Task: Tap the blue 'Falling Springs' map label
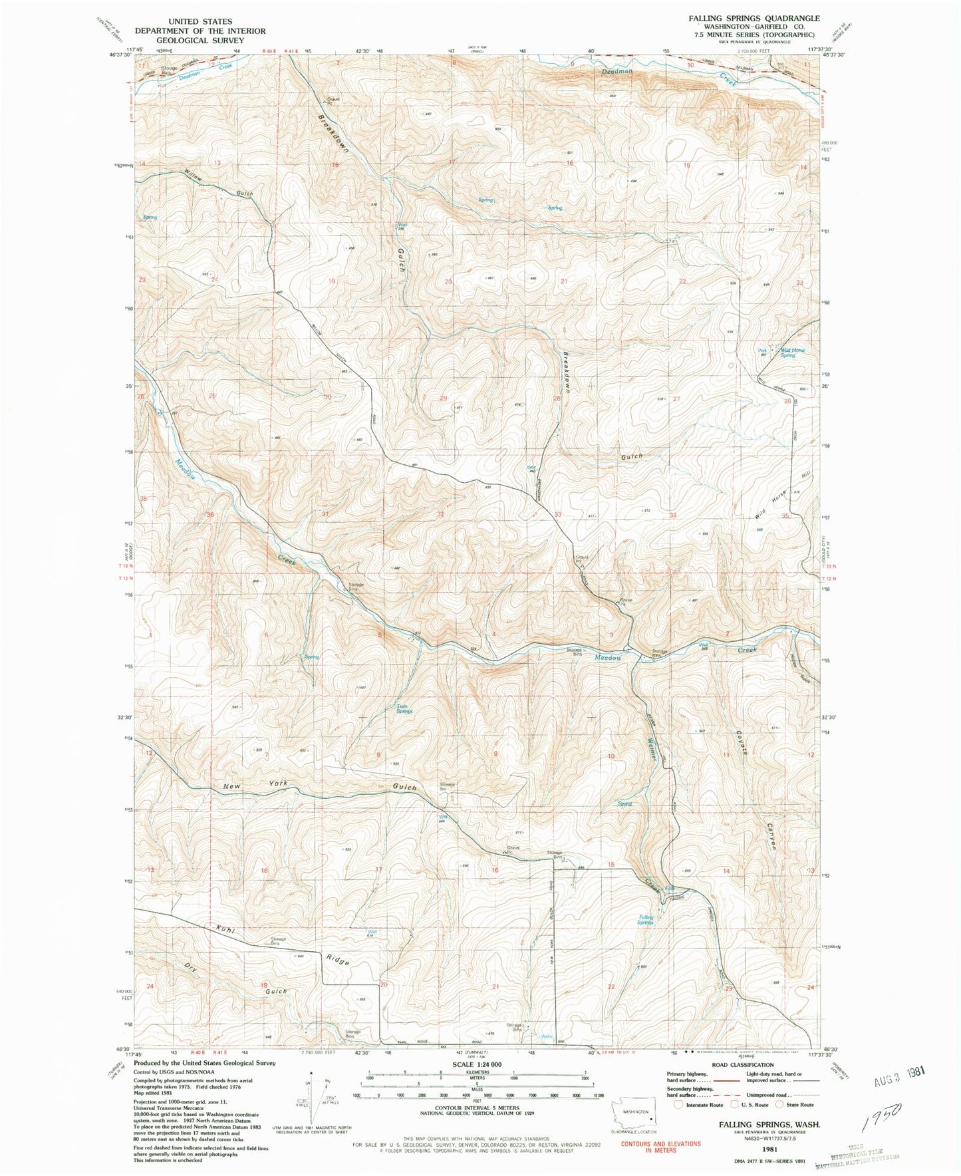click(645, 920)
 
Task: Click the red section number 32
click(441, 514)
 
